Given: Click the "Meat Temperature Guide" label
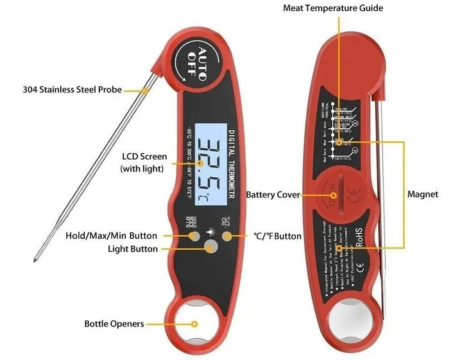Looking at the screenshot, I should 333,8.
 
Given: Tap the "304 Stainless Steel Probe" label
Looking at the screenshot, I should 71,90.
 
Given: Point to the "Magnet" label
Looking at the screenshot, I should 423,194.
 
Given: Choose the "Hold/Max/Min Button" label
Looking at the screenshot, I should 112,236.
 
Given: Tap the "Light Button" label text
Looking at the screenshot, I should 133,248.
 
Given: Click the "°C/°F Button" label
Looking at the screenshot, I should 277,236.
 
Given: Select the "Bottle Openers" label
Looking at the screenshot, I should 114,324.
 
